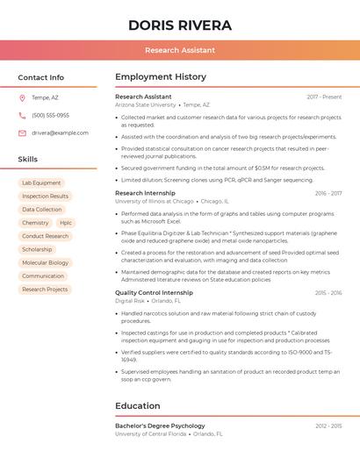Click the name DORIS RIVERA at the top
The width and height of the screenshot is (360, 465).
point(180,25)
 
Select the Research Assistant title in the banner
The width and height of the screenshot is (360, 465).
point(180,50)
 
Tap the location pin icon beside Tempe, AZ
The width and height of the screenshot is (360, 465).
point(22,97)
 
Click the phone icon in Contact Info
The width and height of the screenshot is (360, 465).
point(22,115)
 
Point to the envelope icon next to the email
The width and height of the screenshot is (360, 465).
point(22,133)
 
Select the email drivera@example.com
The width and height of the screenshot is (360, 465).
point(60,133)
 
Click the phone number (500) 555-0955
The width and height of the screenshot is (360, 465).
point(50,115)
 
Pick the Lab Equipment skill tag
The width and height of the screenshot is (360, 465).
point(41,183)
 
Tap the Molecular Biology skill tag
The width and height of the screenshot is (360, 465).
point(45,262)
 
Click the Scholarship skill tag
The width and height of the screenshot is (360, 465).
point(37,249)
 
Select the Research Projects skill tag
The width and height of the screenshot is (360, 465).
point(45,289)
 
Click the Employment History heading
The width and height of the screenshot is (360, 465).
point(161,77)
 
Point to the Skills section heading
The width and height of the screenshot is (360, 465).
point(28,160)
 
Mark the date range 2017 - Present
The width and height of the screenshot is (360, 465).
point(324,97)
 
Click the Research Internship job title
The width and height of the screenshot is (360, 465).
point(145,193)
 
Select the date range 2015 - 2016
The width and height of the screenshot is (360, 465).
point(328,293)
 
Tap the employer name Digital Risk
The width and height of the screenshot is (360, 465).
point(129,301)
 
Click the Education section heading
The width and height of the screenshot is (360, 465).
point(139,407)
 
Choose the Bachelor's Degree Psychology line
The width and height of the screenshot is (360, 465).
point(160,426)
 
